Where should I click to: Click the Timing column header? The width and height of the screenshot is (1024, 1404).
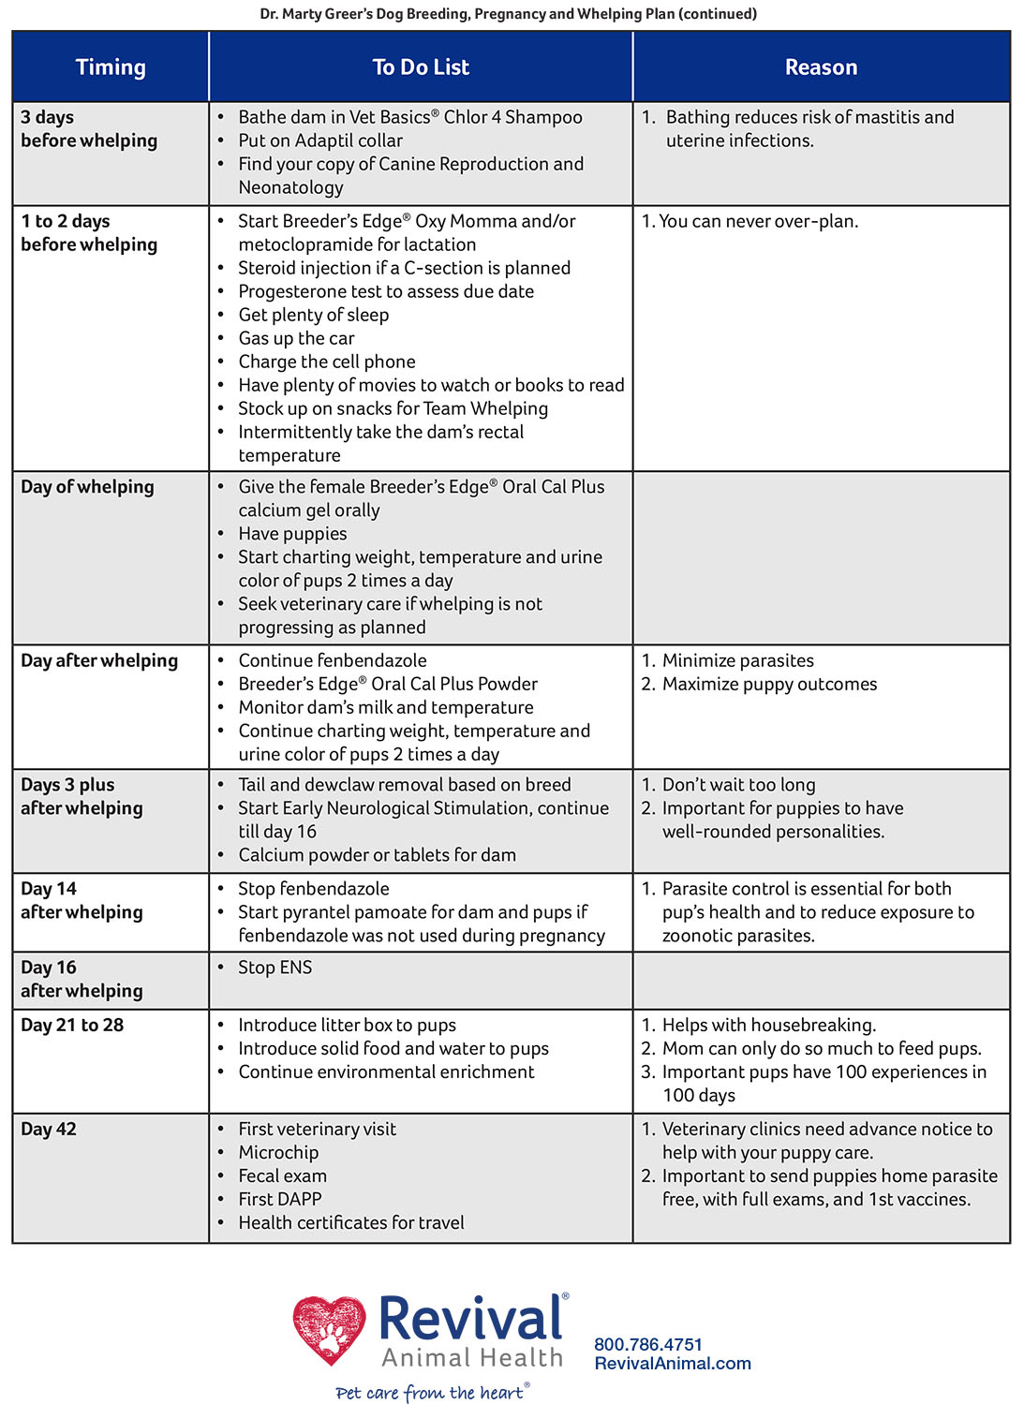[x=111, y=67]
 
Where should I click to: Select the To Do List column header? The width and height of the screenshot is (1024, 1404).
[x=421, y=67]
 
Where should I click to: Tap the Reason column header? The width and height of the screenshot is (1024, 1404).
[x=821, y=67]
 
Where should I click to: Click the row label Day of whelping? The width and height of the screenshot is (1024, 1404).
[x=87, y=487]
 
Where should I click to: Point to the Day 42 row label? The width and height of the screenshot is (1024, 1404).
[x=49, y=1129]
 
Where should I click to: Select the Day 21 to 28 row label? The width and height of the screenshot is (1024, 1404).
[x=72, y=1025]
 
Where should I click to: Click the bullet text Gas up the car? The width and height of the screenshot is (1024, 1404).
[x=296, y=338]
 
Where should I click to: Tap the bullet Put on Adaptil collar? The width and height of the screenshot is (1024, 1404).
[x=320, y=140]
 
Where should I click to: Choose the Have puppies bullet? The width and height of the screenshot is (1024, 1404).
[x=292, y=534]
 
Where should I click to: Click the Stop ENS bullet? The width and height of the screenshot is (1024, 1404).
[x=275, y=968]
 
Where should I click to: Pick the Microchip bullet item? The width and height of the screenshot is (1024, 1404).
[x=278, y=1152]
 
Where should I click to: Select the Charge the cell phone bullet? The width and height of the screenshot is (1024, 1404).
[x=327, y=362]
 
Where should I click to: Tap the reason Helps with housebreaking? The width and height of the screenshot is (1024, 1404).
[x=768, y=1025]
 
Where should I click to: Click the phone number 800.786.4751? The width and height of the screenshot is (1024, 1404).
[x=648, y=1344]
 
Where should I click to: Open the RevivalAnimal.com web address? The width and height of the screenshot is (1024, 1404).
[x=673, y=1364]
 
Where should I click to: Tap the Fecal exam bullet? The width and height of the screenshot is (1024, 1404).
[x=282, y=1175]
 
